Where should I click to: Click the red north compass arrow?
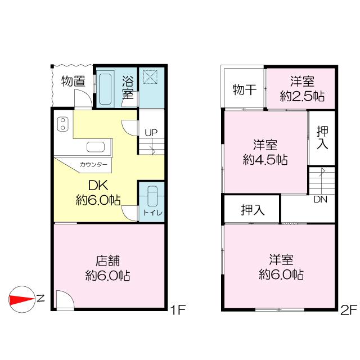click(23, 298)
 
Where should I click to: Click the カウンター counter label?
click(93, 165)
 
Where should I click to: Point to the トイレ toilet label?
click(152, 213)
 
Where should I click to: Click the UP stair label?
click(151, 133)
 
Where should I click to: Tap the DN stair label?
click(321, 200)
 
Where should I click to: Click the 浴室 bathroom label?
click(128, 87)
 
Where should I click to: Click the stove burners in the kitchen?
click(62, 123)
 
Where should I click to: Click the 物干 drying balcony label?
click(244, 89)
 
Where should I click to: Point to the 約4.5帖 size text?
click(265, 159)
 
